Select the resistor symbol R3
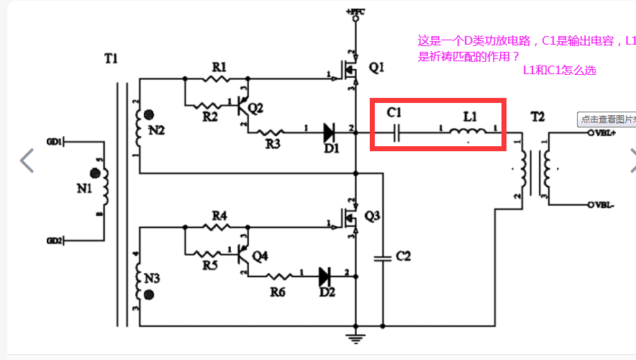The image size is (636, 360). [272, 132]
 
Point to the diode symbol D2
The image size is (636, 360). [325, 274]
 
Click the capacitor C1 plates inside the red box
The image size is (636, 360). [396, 132]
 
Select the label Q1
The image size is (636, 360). [377, 68]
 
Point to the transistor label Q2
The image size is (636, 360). [255, 108]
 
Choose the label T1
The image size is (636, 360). [110, 58]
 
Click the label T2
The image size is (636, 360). [538, 116]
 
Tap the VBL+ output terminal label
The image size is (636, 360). [606, 133]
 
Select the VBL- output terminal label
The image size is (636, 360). [605, 205]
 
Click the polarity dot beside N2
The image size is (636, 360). [150, 114]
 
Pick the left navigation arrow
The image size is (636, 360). [27, 161]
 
